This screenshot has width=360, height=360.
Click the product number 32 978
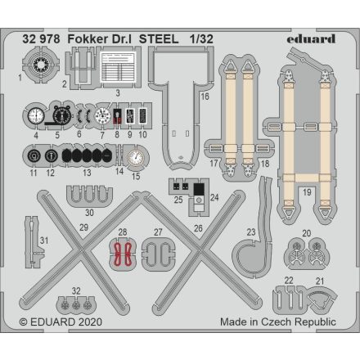(41, 38)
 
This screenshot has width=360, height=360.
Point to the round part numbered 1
(37, 63)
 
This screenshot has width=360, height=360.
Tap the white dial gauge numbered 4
(35, 117)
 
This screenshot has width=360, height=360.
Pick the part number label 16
(205, 97)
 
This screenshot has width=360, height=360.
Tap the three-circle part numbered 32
(76, 304)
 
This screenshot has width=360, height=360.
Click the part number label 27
(158, 232)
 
